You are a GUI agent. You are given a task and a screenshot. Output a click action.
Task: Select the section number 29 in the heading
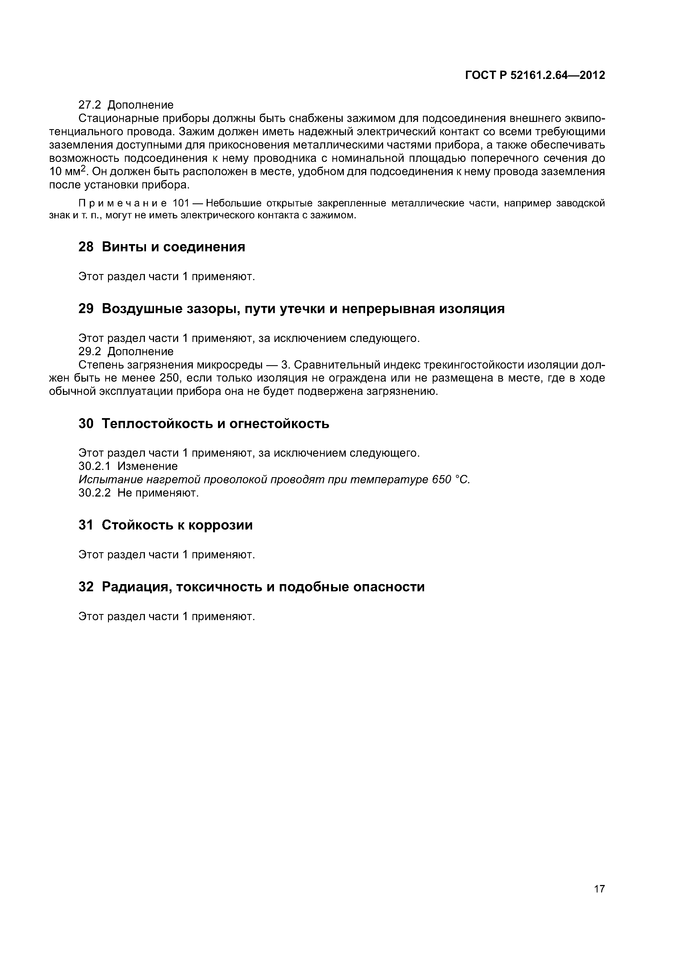click(86, 309)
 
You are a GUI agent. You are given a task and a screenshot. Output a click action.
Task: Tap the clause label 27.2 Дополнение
click(126, 104)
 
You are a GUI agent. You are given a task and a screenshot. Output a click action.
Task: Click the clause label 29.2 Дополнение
click(126, 351)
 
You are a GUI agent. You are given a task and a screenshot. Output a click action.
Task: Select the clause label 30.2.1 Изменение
click(128, 466)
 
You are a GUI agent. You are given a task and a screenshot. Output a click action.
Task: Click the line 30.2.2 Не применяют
click(139, 493)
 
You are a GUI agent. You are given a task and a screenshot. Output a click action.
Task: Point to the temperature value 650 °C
click(451, 480)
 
